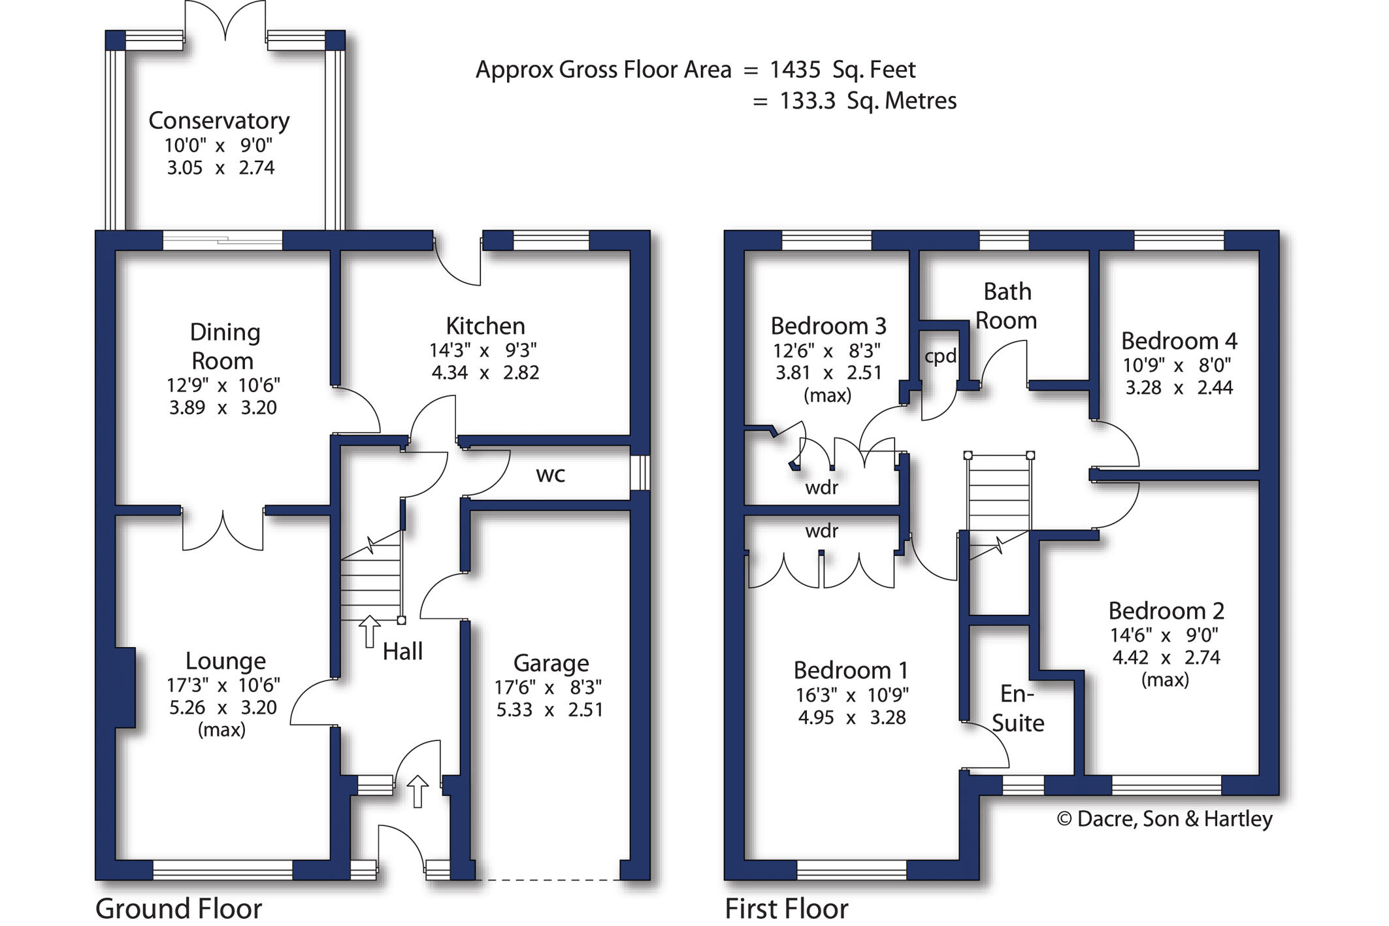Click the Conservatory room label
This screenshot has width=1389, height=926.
(219, 121)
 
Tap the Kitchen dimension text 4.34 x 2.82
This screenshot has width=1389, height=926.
(485, 372)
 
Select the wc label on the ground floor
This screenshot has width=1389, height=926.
(550, 475)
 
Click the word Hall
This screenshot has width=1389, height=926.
(402, 651)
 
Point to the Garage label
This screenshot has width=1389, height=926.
(551, 663)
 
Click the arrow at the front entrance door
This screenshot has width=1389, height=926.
(417, 791)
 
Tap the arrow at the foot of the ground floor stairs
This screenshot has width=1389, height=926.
(370, 631)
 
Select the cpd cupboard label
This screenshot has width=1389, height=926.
(940, 357)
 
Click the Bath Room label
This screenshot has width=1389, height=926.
(1007, 306)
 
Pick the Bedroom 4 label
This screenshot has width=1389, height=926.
(1179, 340)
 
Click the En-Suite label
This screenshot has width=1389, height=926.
(1017, 708)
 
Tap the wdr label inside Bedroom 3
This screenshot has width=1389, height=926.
(821, 488)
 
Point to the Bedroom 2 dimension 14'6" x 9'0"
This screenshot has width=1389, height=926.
(1164, 635)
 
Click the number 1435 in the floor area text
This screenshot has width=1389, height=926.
(795, 69)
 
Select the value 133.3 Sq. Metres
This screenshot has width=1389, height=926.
(868, 101)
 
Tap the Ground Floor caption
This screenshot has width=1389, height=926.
(178, 908)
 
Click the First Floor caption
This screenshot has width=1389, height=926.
(787, 908)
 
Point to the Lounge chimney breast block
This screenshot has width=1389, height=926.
(125, 687)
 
